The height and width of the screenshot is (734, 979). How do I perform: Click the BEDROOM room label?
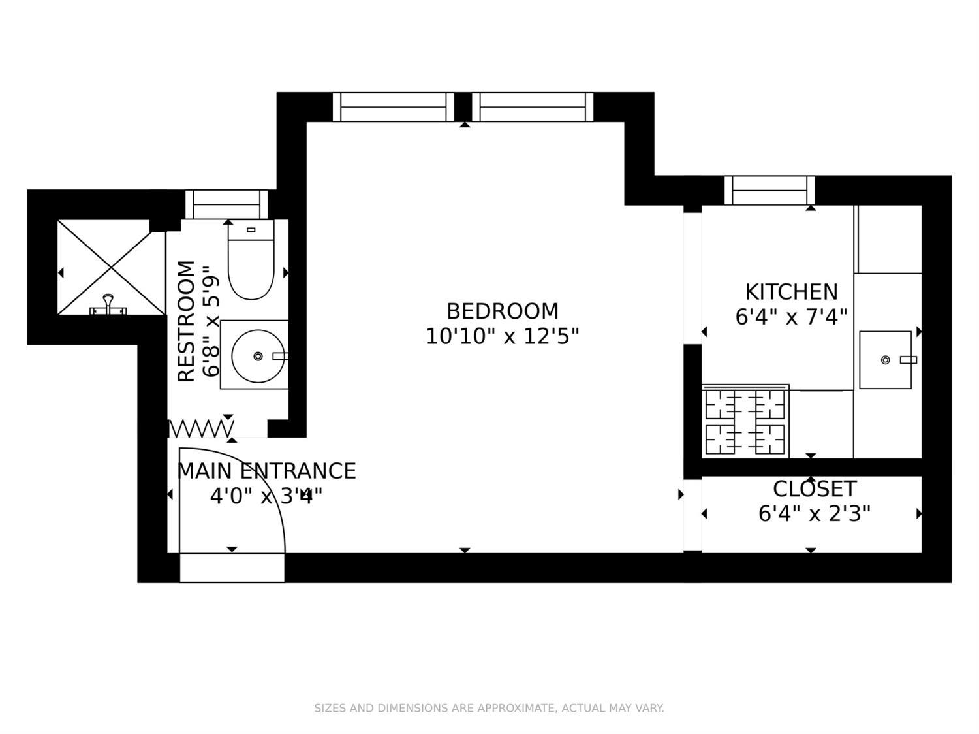click(x=502, y=311)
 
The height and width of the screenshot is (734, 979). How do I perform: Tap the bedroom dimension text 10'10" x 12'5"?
click(x=502, y=337)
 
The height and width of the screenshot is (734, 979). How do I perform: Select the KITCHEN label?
click(x=791, y=291)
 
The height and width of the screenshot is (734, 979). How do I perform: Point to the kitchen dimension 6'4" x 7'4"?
click(x=791, y=317)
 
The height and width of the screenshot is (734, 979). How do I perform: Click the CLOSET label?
click(x=814, y=489)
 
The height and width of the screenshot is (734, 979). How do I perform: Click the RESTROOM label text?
click(x=187, y=321)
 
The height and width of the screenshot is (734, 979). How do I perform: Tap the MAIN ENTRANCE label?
click(x=266, y=471)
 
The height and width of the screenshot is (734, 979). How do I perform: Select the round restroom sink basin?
click(x=258, y=356)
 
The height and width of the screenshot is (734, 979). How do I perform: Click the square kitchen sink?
click(x=885, y=360)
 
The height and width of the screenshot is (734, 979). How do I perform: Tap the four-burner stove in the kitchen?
click(x=745, y=421)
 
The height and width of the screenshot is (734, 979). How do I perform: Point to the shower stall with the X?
click(x=111, y=267)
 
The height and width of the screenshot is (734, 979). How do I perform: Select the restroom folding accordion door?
click(x=200, y=429)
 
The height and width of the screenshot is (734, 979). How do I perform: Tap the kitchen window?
click(x=769, y=191)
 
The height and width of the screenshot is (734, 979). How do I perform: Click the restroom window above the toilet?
click(x=226, y=204)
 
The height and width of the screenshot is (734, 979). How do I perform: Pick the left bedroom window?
click(x=393, y=107)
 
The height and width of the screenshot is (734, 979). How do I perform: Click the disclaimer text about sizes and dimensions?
click(x=489, y=708)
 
